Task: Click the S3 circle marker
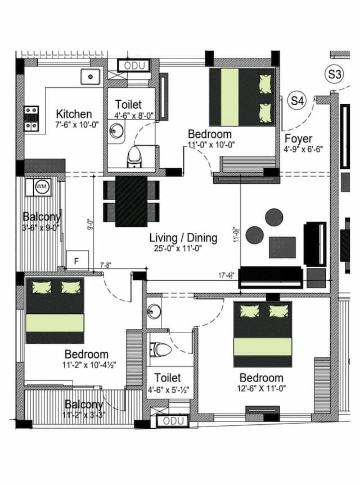coord(335,74)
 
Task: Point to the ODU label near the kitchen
coord(134,66)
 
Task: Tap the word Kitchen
coord(74,114)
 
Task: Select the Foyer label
coord(299,139)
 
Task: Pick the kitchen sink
coord(91,77)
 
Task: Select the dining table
coord(131,201)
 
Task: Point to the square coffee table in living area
coord(282,246)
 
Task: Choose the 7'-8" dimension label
coord(105,265)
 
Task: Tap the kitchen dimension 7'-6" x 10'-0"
coord(74,125)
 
